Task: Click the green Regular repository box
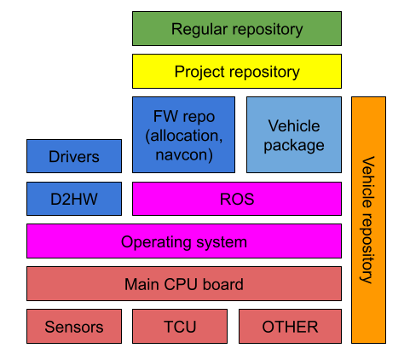tap(236, 29)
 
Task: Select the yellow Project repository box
tap(236, 72)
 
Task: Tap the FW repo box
tap(183, 134)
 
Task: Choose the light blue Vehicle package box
tap(294, 134)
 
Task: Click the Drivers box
tap(73, 156)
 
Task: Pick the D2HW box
tap(73, 199)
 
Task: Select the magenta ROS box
tap(236, 199)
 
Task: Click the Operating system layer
tap(183, 241)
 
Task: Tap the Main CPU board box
tap(183, 284)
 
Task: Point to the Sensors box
tap(73, 326)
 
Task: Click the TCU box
tap(179, 326)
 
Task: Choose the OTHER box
tap(290, 326)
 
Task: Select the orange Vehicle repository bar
tap(368, 219)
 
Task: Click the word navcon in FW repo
tap(183, 154)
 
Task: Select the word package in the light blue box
tap(294, 145)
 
